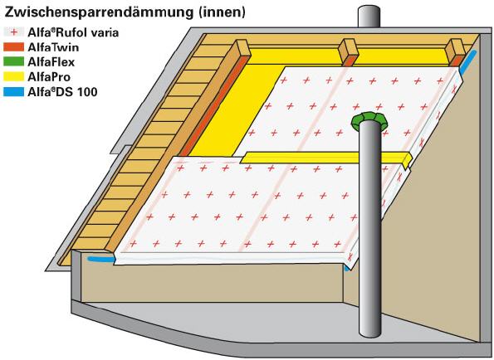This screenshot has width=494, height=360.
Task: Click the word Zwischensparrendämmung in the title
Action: [x=98, y=12]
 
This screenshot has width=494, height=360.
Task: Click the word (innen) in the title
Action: [x=222, y=12]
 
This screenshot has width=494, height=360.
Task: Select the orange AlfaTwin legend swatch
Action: [x=13, y=47]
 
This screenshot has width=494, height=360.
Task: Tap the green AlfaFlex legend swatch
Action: [x=13, y=62]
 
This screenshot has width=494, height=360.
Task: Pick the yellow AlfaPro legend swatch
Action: [x=13, y=77]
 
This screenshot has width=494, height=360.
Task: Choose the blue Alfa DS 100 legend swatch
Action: [x=13, y=91]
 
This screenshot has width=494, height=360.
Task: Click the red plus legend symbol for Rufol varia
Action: [x=13, y=32]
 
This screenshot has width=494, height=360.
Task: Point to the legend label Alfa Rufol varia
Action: [x=73, y=32]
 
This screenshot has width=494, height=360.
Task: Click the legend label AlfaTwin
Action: [x=53, y=47]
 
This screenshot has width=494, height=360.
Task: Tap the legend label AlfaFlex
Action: [x=51, y=62]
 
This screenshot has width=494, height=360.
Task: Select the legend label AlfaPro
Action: [x=49, y=77]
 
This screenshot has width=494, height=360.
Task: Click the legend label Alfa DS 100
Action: [x=62, y=92]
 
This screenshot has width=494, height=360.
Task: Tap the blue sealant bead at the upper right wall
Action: [x=468, y=62]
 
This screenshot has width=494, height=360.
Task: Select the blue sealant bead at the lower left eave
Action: [x=100, y=260]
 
